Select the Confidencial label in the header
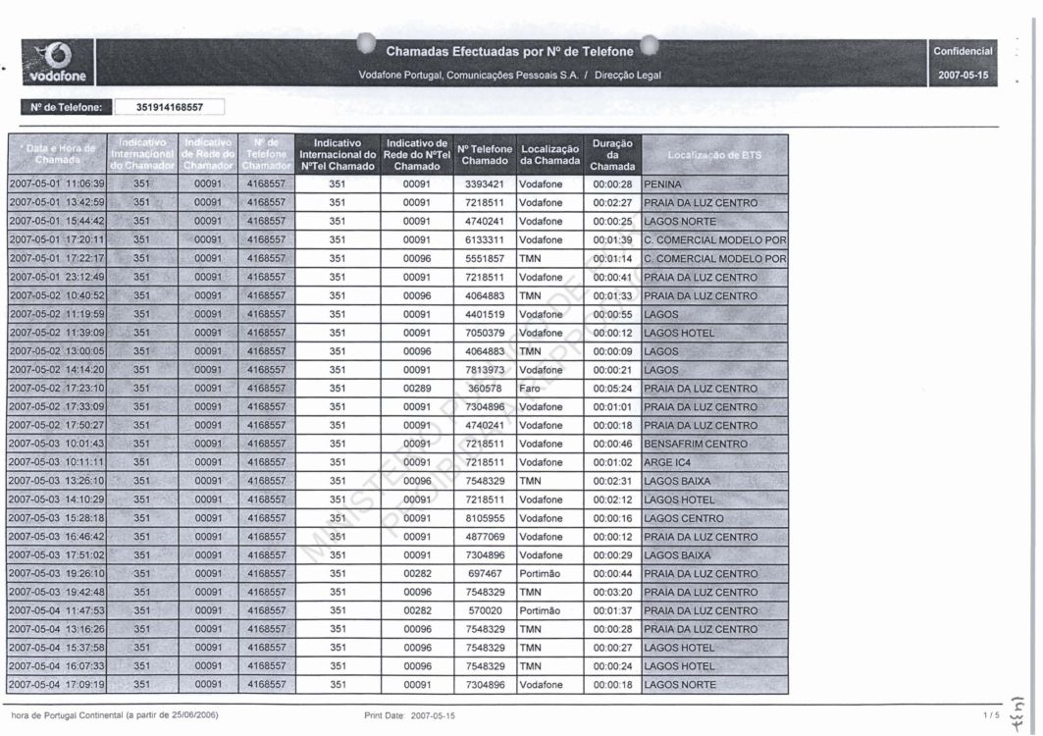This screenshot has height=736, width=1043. click(x=963, y=51)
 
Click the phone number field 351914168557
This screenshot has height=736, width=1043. click(x=169, y=107)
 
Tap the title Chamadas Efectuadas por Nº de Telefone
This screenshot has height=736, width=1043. click(x=509, y=50)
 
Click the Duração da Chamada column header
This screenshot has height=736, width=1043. click(x=612, y=154)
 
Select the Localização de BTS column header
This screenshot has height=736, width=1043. click(x=713, y=155)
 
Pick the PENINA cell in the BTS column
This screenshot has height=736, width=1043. click(x=662, y=184)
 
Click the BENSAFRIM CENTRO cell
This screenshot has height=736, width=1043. click(x=696, y=445)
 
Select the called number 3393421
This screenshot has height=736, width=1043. click(x=485, y=184)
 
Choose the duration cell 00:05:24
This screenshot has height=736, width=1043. click(x=612, y=389)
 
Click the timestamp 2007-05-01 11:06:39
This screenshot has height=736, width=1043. click(x=57, y=184)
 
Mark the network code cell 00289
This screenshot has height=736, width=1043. click(x=416, y=389)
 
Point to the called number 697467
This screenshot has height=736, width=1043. click(x=485, y=574)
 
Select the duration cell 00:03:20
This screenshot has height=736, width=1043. click(x=612, y=593)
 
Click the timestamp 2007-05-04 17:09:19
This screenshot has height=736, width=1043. click(x=57, y=685)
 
